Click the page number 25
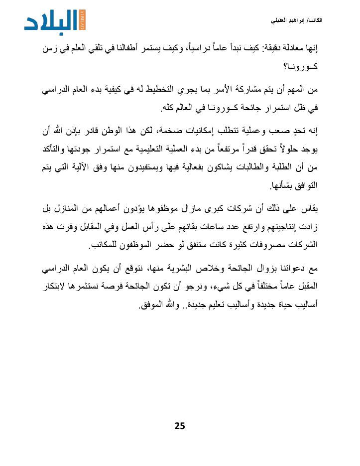(x=180, y=425)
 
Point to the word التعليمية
(x=149, y=149)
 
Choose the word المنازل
(x=71, y=210)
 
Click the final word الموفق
(x=152, y=305)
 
